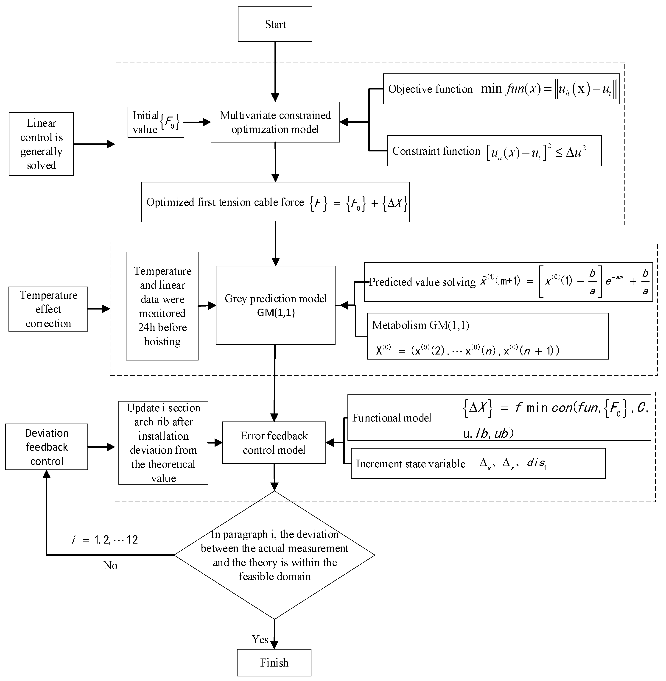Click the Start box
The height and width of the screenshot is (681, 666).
(275, 24)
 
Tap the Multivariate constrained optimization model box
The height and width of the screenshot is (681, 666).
(275, 122)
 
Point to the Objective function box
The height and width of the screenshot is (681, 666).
(501, 89)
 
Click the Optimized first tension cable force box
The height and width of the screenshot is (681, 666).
(275, 202)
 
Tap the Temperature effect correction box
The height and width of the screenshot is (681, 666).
(48, 309)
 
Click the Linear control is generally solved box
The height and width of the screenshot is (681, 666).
(41, 144)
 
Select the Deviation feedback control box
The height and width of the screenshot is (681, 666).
(47, 447)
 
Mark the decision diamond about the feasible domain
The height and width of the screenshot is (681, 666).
(274, 555)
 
